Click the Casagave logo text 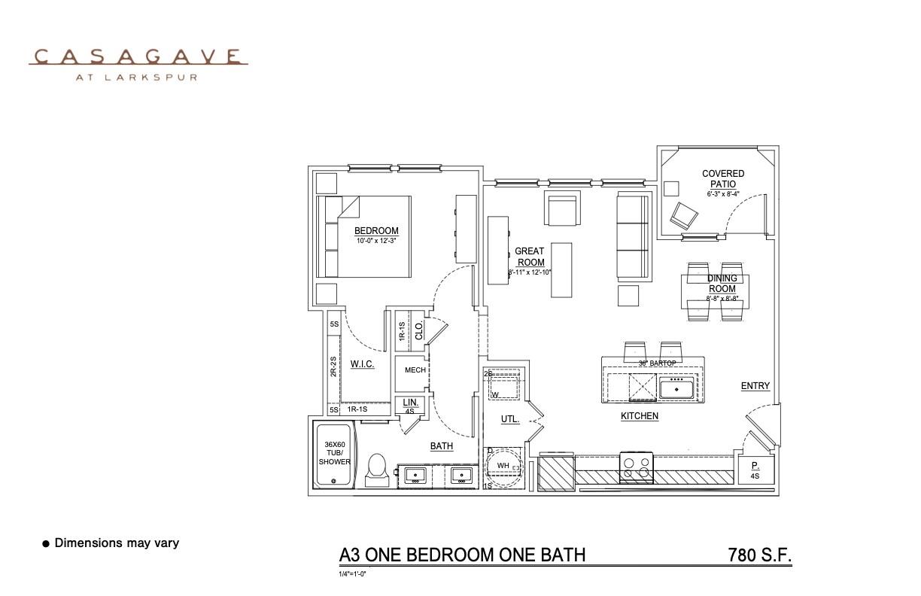click(x=138, y=57)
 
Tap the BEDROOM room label click(x=376, y=231)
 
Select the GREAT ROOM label click(x=530, y=257)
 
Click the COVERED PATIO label click(x=723, y=179)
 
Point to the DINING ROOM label click(x=722, y=284)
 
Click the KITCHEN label click(x=640, y=416)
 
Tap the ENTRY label click(x=755, y=386)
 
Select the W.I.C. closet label click(x=362, y=364)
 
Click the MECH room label click(x=415, y=370)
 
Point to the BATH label click(x=442, y=446)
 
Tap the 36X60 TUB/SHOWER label click(x=334, y=453)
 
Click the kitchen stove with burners click(x=635, y=467)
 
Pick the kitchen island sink click(x=676, y=388)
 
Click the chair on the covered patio click(x=685, y=216)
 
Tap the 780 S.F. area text click(x=760, y=556)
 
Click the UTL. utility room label click(x=510, y=419)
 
